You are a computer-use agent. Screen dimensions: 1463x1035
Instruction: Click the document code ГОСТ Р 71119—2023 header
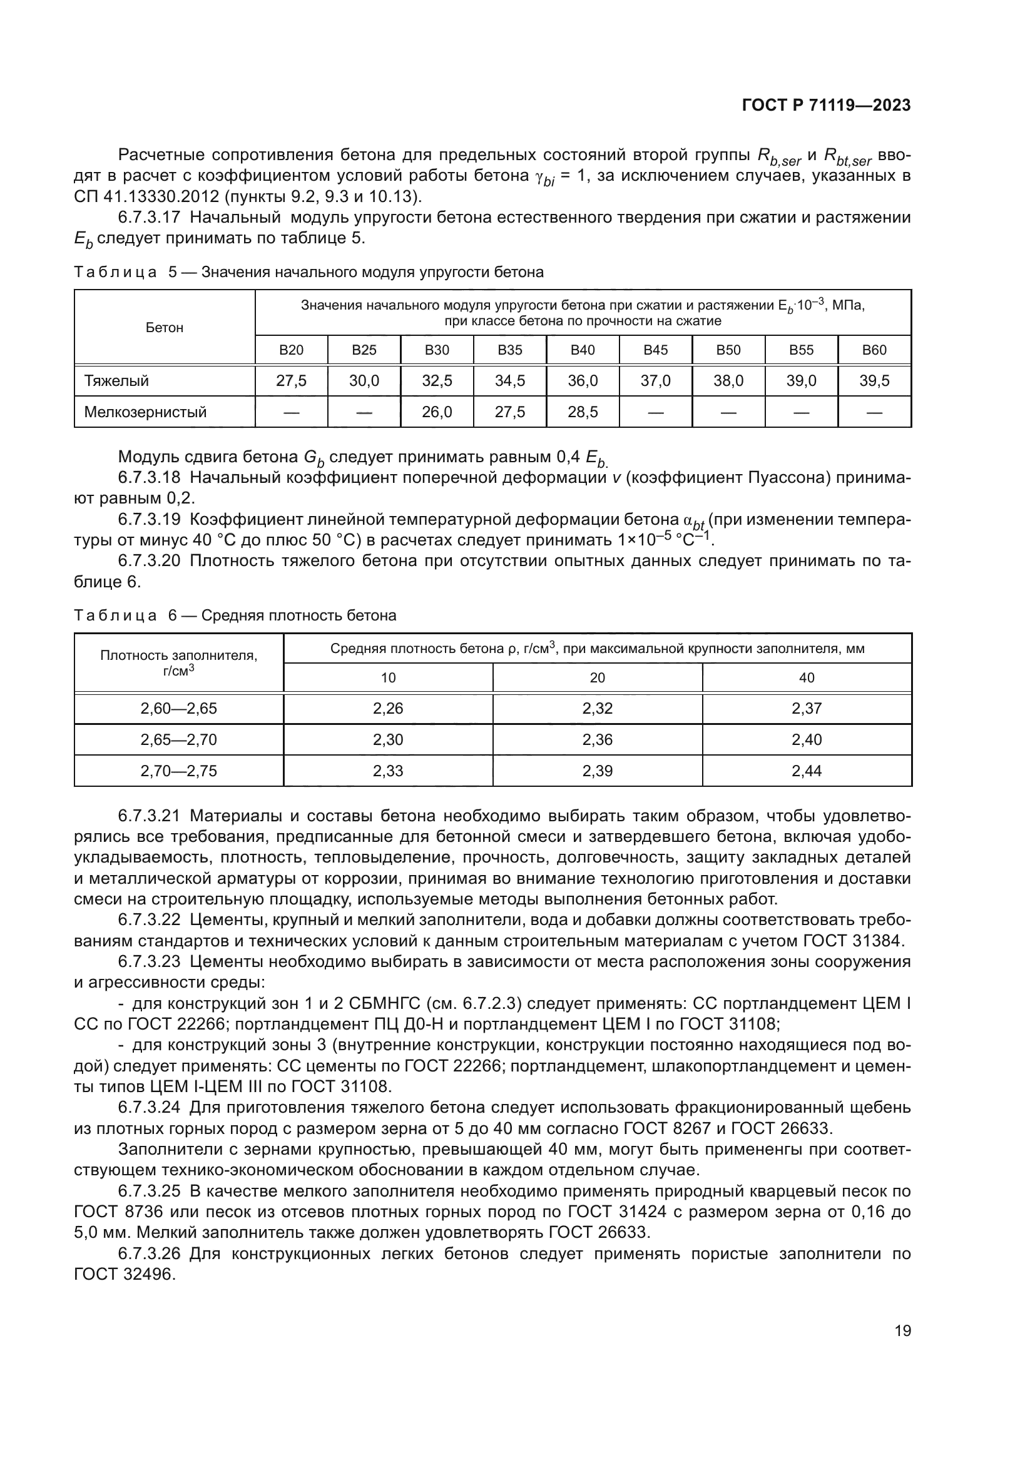pyautogui.click(x=826, y=106)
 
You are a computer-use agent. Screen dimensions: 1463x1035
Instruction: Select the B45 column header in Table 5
pyautogui.click(x=655, y=350)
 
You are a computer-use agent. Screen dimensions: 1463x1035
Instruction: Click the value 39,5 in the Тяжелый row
pyautogui.click(x=874, y=381)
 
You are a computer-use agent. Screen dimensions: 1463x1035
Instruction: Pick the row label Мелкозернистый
pyautogui.click(x=145, y=412)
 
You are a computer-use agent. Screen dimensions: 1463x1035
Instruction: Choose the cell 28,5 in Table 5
pyautogui.click(x=583, y=412)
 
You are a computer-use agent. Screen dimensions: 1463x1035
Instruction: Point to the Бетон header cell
pyautogui.click(x=165, y=328)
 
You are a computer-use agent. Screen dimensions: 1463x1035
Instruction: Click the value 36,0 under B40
pyautogui.click(x=583, y=381)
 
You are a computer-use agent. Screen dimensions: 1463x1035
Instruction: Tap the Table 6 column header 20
pyautogui.click(x=597, y=677)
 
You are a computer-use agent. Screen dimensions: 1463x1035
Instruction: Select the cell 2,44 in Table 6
pyautogui.click(x=806, y=771)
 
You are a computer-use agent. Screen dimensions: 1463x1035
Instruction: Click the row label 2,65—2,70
pyautogui.click(x=178, y=740)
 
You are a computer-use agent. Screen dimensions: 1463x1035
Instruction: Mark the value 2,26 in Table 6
pyautogui.click(x=387, y=709)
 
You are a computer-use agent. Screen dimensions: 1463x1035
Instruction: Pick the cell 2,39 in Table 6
pyautogui.click(x=597, y=771)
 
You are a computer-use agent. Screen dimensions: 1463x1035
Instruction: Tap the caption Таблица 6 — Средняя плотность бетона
pyautogui.click(x=235, y=615)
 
